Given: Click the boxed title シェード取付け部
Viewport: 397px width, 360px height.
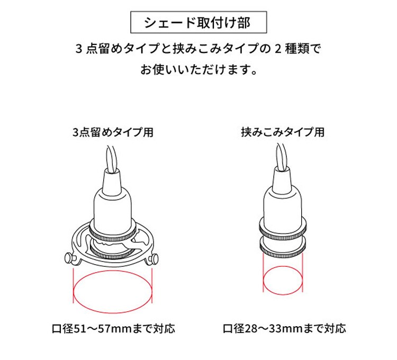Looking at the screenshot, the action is point(198,22).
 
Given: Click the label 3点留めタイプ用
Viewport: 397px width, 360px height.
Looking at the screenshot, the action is point(113,132).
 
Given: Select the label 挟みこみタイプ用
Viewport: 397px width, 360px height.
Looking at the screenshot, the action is point(283,132).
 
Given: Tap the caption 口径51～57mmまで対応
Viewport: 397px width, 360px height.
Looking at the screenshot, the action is point(113,329).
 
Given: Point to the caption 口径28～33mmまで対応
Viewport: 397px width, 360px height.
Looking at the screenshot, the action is point(284,329).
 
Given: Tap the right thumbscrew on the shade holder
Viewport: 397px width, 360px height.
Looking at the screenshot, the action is point(154,259).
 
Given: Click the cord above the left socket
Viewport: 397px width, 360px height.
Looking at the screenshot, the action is point(112,159).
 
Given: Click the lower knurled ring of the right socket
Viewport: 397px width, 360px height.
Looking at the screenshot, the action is point(283,248).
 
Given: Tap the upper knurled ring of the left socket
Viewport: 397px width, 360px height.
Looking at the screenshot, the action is point(113,232).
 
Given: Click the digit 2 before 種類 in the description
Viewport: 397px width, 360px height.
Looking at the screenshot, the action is point(278,49).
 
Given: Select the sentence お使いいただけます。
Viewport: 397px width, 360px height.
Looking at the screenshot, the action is point(199,69).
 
